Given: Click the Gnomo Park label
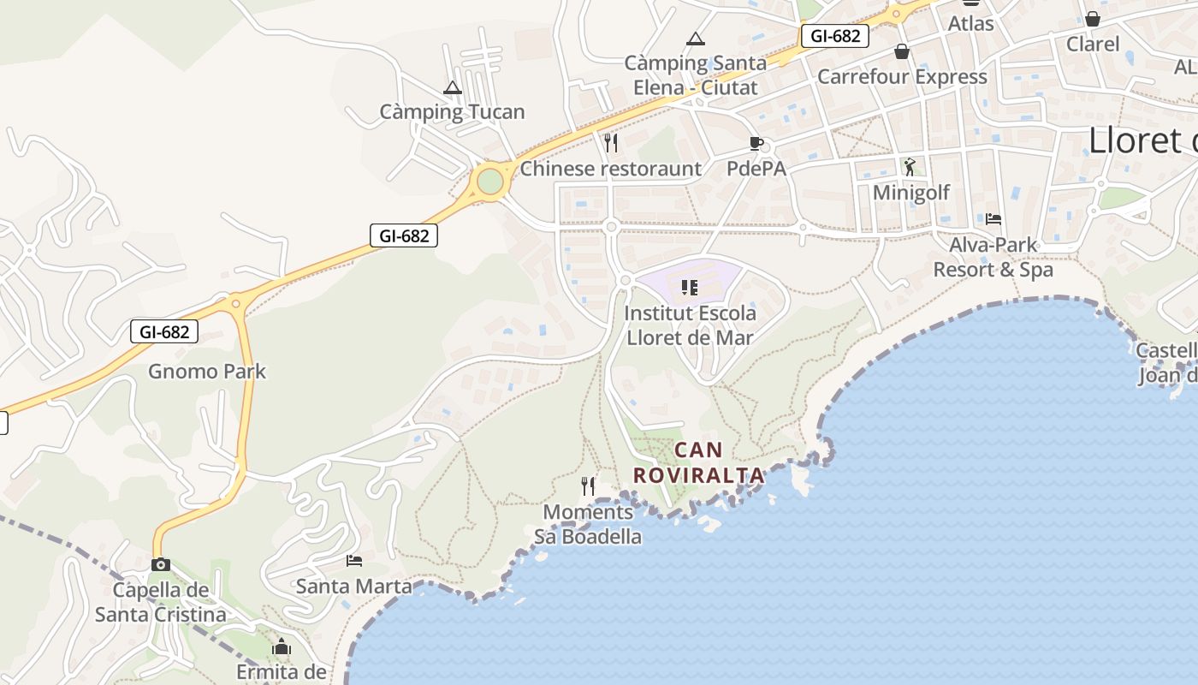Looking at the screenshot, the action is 207,372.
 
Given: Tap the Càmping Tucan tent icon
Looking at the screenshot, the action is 453,87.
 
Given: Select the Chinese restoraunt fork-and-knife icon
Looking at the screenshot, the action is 611,142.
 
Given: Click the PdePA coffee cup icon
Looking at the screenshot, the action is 756,142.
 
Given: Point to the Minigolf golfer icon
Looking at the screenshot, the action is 910,167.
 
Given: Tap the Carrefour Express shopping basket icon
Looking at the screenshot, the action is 902,51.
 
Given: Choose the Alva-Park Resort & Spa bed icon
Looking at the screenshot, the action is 993,219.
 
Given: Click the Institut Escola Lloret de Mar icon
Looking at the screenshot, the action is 690,287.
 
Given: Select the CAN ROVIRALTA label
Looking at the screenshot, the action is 698,462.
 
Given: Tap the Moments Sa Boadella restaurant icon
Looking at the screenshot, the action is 588,486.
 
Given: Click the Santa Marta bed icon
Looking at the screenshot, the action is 354,561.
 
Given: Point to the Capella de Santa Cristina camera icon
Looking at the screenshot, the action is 161,564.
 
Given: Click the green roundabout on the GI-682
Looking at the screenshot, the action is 489,182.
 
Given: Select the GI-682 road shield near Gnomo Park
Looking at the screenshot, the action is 164,331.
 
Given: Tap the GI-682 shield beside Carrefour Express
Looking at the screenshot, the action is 835,36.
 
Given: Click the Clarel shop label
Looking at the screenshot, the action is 1093,44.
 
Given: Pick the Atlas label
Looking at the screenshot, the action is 970,23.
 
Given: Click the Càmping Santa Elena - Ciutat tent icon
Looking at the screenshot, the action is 696,39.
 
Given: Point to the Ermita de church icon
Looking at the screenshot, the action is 282,647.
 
